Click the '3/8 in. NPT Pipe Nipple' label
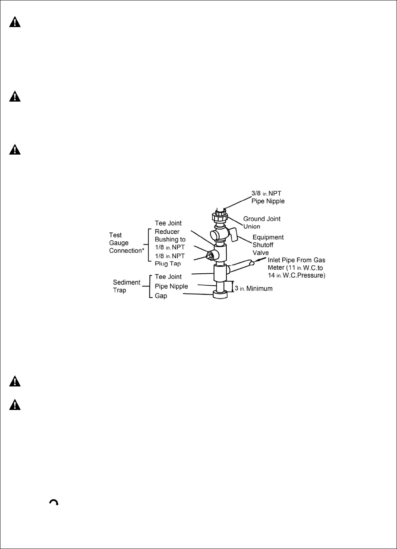click(x=268, y=197)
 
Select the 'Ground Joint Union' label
click(x=262, y=222)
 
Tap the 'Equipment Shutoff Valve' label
click(x=268, y=245)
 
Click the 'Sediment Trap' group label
click(x=127, y=286)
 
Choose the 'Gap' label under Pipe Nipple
click(x=161, y=296)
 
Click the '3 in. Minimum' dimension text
click(x=254, y=288)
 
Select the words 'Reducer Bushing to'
click(x=170, y=235)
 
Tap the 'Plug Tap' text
click(x=168, y=263)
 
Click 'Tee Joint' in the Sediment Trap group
click(x=168, y=276)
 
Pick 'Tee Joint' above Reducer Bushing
click(x=168, y=224)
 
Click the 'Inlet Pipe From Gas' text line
click(x=297, y=260)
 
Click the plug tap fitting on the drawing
click(x=208, y=255)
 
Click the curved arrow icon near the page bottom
click(x=54, y=502)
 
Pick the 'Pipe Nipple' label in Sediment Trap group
click(x=171, y=286)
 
